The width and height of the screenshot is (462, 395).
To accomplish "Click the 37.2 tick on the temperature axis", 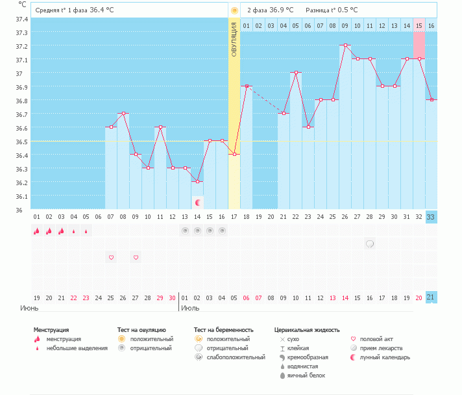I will tap(22, 46).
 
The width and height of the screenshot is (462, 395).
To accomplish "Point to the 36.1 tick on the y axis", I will tap(22, 196).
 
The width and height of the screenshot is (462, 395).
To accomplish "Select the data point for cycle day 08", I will tap(123, 114).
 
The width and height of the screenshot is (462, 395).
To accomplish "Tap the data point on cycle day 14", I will tap(197, 182).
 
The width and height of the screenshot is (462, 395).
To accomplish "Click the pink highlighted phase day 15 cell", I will tap(419, 25).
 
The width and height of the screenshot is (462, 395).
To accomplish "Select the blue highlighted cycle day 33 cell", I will tap(431, 217).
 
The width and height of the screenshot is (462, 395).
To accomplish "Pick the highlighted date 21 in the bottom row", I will tap(431, 297).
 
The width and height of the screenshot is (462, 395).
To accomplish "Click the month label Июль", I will tap(190, 307).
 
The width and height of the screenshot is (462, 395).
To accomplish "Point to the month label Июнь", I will tap(29, 307).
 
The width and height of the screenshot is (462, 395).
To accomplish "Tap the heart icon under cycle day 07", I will tap(111, 257).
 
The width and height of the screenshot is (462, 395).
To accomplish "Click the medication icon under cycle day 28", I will tap(370, 244).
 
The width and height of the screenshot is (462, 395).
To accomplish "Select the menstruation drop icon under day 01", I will tap(37, 231).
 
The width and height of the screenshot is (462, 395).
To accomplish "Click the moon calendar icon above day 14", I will tap(197, 203).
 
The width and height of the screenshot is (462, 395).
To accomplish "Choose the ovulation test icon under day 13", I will tap(185, 231).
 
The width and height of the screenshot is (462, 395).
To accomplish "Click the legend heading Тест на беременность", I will tap(224, 330).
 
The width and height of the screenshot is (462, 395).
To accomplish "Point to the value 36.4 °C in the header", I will tap(101, 10).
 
